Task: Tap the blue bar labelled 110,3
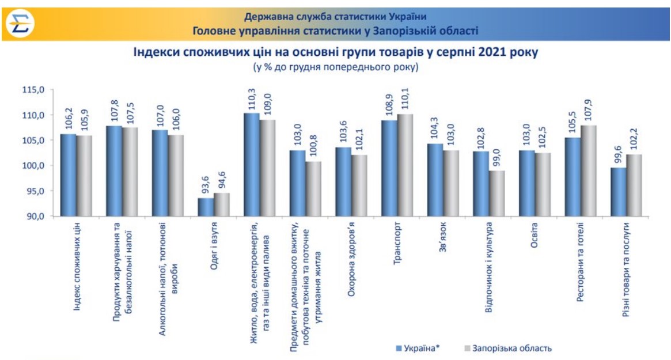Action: coord(251,165)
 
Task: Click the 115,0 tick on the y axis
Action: coord(34,90)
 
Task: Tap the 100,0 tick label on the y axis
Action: coord(34,166)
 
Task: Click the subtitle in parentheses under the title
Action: coord(335,67)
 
